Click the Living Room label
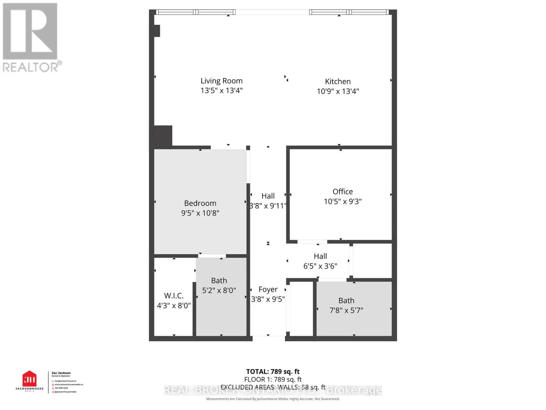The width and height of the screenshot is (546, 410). (x=221, y=81)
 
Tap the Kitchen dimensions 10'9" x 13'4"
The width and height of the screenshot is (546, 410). (x=338, y=91)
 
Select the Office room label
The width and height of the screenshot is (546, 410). (x=343, y=192)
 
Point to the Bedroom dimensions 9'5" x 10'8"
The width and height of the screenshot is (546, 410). (x=200, y=213)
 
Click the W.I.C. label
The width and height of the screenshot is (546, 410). (x=174, y=296)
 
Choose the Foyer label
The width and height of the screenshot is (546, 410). (x=268, y=290)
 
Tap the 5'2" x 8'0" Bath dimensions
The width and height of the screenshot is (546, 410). (x=219, y=291)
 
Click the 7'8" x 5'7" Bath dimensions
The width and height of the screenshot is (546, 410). (x=346, y=311)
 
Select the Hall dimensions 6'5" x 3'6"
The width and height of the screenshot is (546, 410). (x=320, y=266)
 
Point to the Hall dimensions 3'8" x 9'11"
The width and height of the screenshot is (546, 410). (x=268, y=206)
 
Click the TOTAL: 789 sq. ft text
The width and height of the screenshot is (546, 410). (x=273, y=372)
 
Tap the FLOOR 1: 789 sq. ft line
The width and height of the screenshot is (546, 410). (x=273, y=380)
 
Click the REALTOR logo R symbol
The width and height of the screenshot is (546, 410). (x=30, y=31)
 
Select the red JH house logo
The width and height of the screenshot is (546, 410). (x=29, y=379)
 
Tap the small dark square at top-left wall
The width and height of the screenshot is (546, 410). (x=157, y=31)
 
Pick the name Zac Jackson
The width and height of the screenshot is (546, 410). (x=61, y=373)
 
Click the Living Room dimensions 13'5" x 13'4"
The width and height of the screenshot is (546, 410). (x=221, y=91)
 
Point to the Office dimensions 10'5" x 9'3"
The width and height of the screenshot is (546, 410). (x=343, y=202)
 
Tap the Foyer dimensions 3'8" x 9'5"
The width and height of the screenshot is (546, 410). (x=268, y=299)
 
